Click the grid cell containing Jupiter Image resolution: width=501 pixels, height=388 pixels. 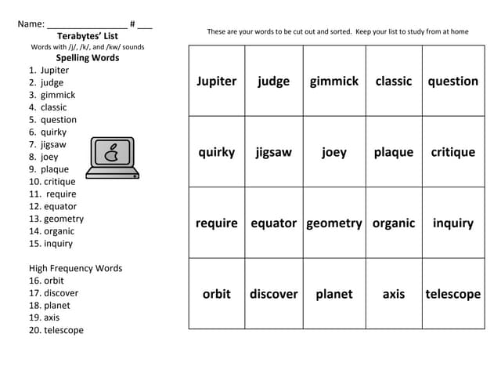[216, 82]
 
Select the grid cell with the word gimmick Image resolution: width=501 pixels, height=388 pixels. [333, 82]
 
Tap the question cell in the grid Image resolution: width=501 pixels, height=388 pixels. [452, 82]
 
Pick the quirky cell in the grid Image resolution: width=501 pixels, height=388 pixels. [216, 152]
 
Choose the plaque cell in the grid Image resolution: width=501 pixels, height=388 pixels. [393, 152]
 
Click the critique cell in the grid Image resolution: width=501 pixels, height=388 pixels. [452, 152]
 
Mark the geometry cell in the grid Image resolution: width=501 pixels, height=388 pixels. [333, 223]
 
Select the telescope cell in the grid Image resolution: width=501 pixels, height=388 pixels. [452, 294]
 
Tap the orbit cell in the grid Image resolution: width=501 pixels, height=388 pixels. [216, 294]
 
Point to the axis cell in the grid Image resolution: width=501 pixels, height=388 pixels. [393, 294]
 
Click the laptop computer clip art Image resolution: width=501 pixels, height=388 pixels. [112, 158]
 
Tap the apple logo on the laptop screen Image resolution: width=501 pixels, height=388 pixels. [112, 151]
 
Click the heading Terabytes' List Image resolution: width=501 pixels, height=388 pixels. [88, 36]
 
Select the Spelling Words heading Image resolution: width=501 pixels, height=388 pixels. [88, 58]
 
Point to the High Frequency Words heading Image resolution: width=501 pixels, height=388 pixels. [75, 268]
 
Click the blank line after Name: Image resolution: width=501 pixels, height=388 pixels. [86, 25]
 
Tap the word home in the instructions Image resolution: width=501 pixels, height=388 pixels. [457, 31]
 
